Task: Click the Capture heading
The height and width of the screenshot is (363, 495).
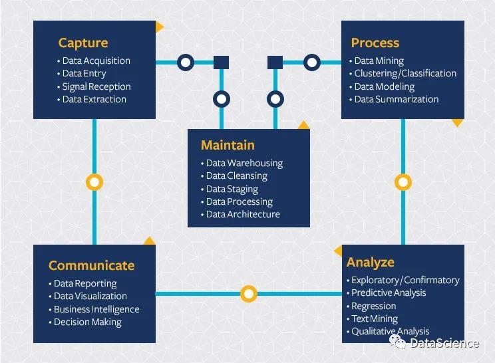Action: (x=83, y=43)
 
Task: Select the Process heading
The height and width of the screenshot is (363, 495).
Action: (x=375, y=43)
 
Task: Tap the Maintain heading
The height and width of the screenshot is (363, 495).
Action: (x=228, y=145)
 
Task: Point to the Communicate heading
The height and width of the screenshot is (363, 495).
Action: (x=92, y=265)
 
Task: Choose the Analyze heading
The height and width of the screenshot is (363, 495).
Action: (x=371, y=263)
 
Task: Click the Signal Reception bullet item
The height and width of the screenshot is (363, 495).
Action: (x=96, y=86)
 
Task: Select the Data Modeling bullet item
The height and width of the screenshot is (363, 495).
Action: (x=385, y=86)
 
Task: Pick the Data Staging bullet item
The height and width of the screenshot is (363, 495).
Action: (x=232, y=189)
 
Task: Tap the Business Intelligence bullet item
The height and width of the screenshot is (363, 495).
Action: (x=96, y=309)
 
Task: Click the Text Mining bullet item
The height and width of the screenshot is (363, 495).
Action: (x=375, y=319)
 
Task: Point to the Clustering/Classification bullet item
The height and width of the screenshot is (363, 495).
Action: (x=405, y=74)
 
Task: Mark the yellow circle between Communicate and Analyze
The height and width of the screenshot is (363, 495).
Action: (x=249, y=294)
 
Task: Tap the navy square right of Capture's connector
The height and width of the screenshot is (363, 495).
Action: (x=222, y=62)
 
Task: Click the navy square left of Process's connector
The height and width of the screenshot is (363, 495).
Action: (x=275, y=62)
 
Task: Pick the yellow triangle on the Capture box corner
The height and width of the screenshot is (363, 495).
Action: (x=159, y=27)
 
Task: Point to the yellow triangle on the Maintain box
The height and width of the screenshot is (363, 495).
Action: (x=303, y=126)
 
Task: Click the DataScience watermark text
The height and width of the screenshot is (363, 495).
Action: (x=444, y=343)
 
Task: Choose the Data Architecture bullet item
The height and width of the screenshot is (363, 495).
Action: (x=243, y=215)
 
